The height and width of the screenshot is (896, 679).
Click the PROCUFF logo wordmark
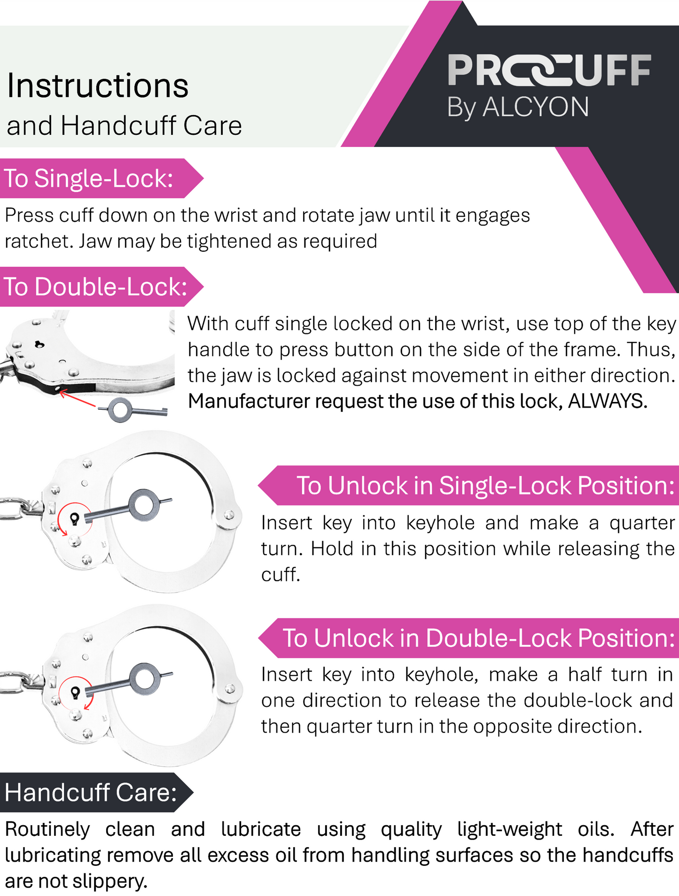point(549,70)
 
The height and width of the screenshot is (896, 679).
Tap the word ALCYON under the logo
point(536,107)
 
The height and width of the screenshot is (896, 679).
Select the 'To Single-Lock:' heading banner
point(101,178)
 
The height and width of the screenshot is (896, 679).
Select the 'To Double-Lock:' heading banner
point(101,287)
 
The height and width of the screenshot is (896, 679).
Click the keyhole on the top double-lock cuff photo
point(39,345)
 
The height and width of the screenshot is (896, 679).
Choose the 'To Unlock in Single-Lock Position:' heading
point(468,486)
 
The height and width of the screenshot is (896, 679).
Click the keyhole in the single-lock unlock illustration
point(74,518)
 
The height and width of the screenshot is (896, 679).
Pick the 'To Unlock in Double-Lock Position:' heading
point(468,638)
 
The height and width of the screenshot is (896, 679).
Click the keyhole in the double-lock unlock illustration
point(75,692)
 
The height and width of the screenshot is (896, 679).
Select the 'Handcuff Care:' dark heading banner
point(96,792)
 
